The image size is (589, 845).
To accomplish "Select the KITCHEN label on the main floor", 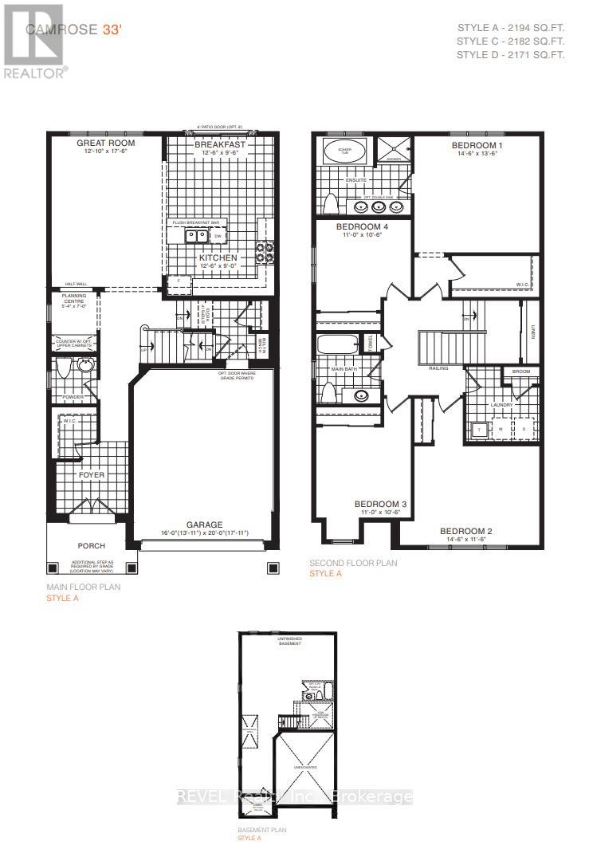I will point(218,258).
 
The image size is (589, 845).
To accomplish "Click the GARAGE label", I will point(206,525).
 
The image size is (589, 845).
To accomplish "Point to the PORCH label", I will point(91,546).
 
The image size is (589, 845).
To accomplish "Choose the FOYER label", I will point(91,474).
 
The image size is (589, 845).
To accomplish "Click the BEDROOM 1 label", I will point(477,145).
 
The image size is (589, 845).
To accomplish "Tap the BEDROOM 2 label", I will point(465,531).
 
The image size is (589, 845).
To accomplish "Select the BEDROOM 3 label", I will point(381,505).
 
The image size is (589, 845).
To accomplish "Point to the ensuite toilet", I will point(331,202).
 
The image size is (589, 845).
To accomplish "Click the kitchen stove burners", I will point(264,252).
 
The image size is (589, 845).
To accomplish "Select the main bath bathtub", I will point(340,345).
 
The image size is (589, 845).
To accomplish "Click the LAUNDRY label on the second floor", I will point(501,405).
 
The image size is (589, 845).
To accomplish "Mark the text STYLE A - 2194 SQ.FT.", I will point(510,26).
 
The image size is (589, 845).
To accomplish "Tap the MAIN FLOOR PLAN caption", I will point(78,588).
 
